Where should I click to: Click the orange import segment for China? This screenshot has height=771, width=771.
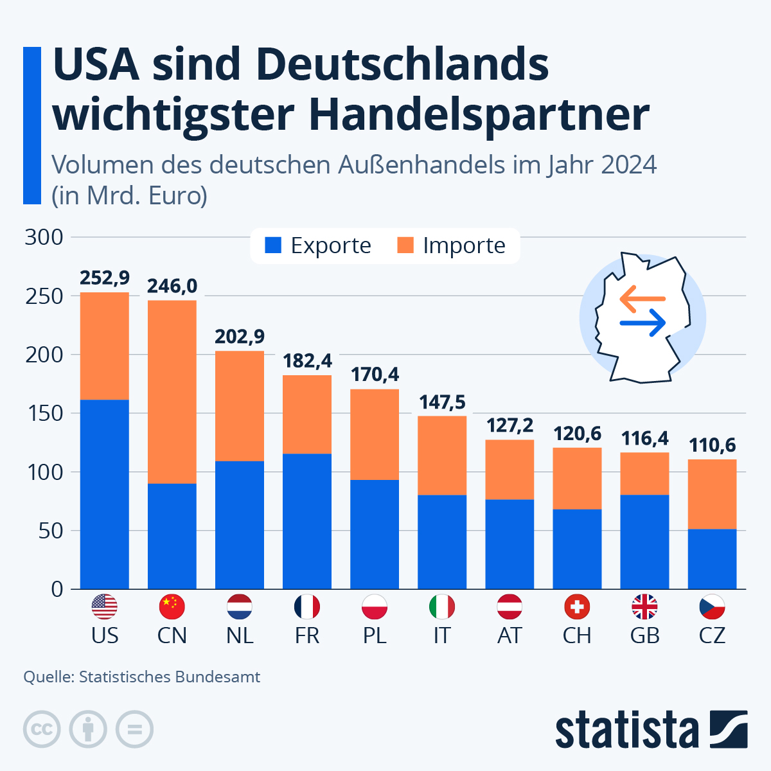point(172,391)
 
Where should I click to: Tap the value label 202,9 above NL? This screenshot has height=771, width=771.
point(240,337)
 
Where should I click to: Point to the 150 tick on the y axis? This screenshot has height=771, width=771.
point(44,413)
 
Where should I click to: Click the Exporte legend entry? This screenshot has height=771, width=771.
point(318,245)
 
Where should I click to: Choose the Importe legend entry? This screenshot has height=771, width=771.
point(452,245)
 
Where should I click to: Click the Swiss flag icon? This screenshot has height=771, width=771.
point(577,607)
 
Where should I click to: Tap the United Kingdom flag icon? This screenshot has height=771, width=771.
point(644,607)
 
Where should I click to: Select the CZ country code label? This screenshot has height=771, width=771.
point(712,635)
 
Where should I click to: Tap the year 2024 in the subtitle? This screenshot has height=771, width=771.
point(629,165)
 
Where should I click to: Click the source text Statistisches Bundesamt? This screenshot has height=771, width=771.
point(170,677)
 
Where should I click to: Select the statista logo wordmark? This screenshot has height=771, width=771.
point(626,730)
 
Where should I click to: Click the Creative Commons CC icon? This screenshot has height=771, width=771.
point(42,729)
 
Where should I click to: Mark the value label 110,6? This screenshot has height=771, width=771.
point(712,445)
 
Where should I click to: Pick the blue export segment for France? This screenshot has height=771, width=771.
point(307,521)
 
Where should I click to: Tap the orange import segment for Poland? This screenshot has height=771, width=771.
point(375,434)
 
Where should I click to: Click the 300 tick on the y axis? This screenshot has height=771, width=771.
point(44,237)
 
